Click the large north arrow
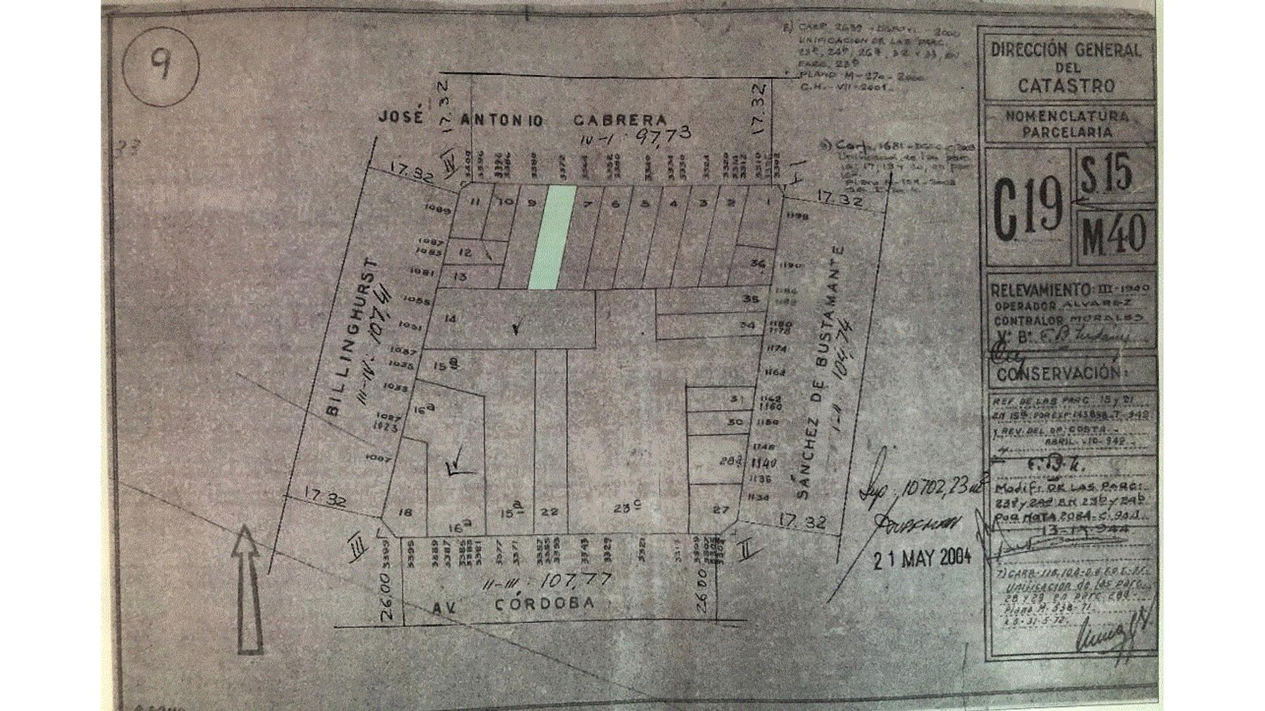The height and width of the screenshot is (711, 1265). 247,588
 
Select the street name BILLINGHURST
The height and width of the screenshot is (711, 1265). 354,337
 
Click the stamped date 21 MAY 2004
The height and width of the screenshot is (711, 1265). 922,558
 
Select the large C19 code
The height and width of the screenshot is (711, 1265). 1026,209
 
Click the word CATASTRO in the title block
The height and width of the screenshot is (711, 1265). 1066,85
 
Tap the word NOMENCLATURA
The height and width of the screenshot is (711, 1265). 1067,117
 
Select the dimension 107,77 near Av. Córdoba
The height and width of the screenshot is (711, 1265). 575,581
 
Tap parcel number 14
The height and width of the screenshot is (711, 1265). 451,319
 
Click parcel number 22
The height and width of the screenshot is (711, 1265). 549,512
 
